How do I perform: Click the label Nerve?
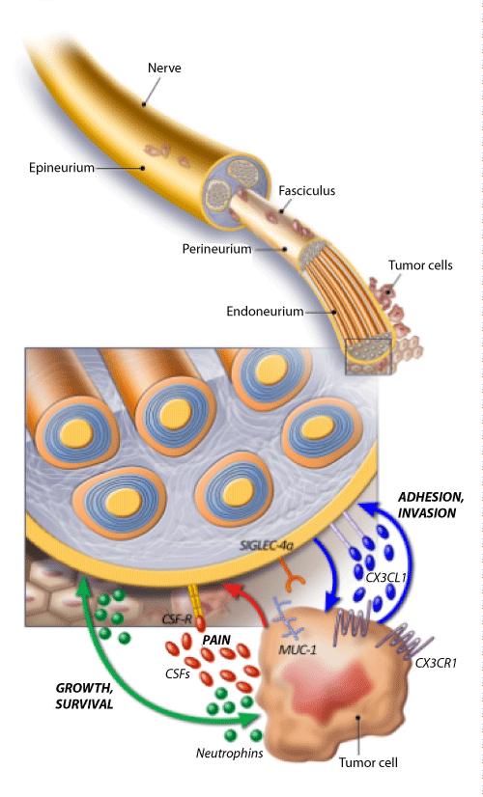pos(164,68)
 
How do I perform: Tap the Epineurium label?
pos(62,168)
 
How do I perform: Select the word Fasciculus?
pos(307,191)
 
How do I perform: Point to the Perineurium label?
pos(216,249)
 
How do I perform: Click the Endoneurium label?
pos(265,311)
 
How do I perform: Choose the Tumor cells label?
pos(420,264)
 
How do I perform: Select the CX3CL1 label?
pos(385,577)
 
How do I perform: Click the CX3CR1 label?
pos(436,663)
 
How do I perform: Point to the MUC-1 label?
pos(298,649)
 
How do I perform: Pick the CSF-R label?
pos(177,619)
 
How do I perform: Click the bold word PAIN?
pos(216,640)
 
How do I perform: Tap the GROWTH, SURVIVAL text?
pos(84,696)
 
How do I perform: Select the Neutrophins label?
pos(230,753)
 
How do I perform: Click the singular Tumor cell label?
pos(368,762)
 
